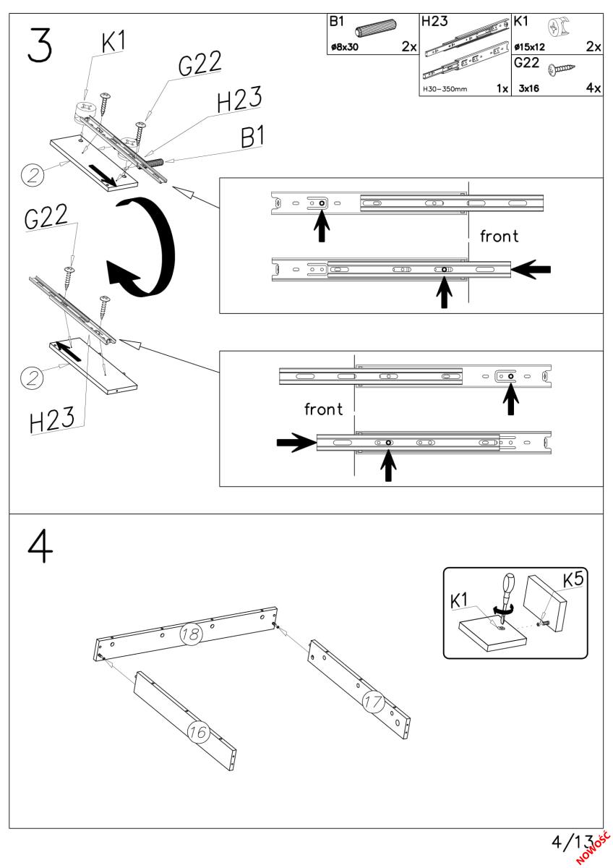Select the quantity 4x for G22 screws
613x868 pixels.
[x=593, y=88]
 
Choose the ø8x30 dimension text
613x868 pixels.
[x=344, y=48]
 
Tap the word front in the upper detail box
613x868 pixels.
[x=499, y=237]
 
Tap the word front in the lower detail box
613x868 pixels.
[x=324, y=409]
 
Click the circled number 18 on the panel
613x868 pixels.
[x=191, y=634]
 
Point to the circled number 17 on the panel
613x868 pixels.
[x=374, y=701]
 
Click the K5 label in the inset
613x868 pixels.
[x=575, y=579]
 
